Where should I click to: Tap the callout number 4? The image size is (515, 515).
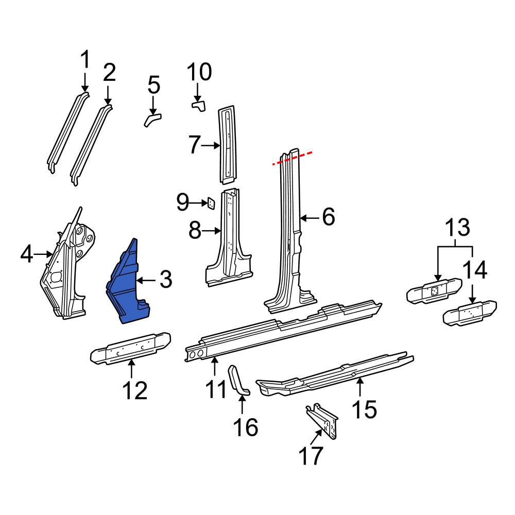point(27,254)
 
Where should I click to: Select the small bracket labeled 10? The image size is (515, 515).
point(199,106)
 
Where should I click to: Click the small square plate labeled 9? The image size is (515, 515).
point(211,203)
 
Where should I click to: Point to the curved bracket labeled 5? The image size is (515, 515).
point(152,119)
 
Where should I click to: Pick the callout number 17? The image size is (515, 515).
point(311,456)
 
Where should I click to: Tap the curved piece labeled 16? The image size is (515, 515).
point(237,380)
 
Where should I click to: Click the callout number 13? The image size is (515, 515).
point(457,228)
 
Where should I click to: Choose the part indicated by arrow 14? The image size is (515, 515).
point(470,313)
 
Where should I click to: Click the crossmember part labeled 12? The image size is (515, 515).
point(131,349)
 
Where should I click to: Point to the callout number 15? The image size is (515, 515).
point(364,409)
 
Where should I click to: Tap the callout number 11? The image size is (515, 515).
point(216,389)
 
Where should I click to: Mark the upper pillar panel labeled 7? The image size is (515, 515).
point(227,145)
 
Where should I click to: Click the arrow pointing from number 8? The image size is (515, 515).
point(211,231)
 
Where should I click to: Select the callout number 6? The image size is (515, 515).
point(329,217)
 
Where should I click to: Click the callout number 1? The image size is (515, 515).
point(85,59)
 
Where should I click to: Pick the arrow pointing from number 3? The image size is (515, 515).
point(146,281)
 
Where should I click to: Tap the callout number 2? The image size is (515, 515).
point(109,73)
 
